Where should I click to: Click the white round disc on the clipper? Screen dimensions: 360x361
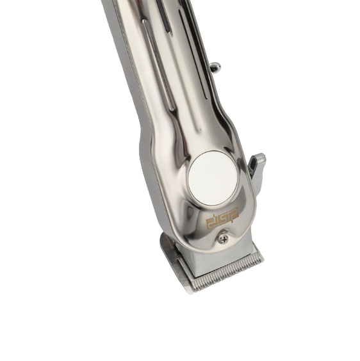(x=213, y=178)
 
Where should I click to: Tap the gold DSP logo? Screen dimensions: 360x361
(x=222, y=218)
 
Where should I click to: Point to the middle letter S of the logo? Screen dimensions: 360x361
(x=223, y=218)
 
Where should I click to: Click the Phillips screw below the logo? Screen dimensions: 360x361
(x=223, y=239)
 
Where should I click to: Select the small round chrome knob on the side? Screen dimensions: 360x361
(x=215, y=68)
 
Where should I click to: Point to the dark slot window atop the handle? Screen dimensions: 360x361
(x=164, y=16)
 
